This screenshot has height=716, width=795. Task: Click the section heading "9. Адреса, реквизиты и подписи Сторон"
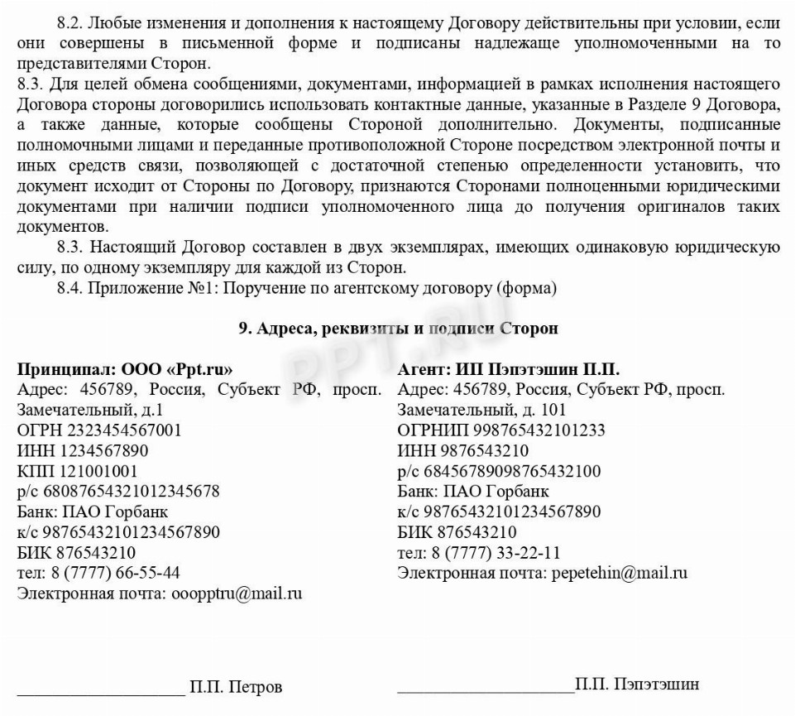pos(398,329)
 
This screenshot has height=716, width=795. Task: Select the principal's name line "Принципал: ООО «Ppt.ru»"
pos(125,369)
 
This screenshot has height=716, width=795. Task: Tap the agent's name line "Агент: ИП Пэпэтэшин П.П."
pos(509,369)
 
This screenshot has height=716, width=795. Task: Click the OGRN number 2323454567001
pos(125,430)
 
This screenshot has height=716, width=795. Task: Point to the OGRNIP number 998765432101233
pos(539,430)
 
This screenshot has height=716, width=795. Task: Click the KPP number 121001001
pos(102,471)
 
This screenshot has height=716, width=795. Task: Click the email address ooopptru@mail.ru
pos(237,593)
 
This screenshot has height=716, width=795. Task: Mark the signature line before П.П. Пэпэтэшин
pos(486,690)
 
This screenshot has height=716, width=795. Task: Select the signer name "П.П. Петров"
pos(236,687)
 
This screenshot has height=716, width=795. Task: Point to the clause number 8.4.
pos(70,288)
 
